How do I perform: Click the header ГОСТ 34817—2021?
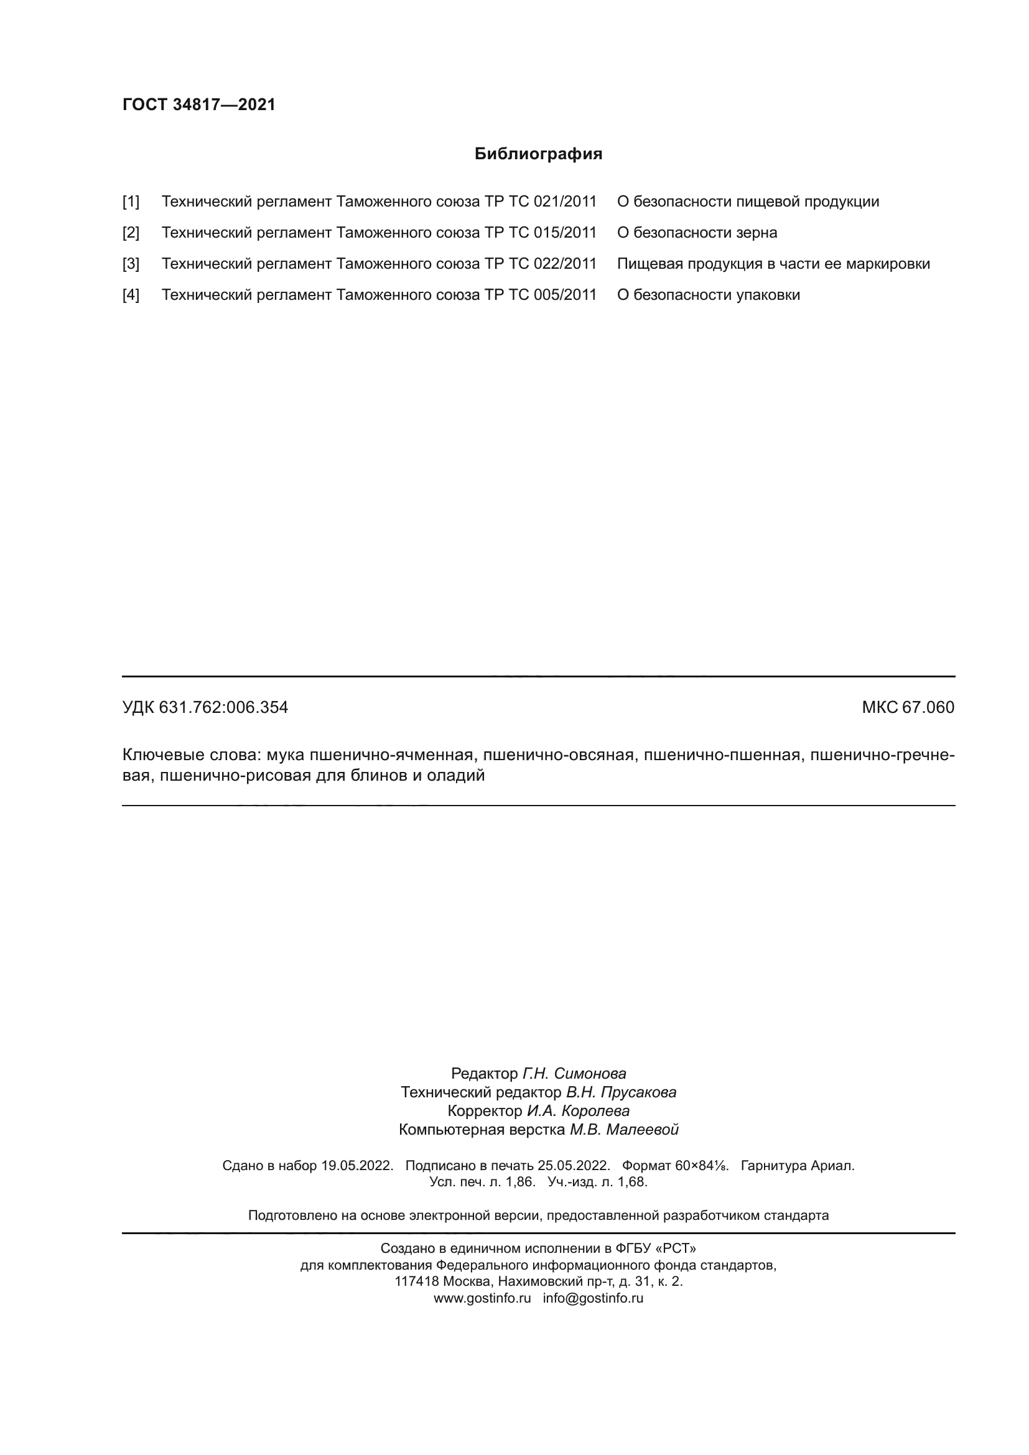pyautogui.click(x=199, y=105)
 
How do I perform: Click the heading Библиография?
pyautogui.click(x=538, y=154)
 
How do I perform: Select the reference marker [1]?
pyautogui.click(x=131, y=202)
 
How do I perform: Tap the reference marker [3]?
pyautogui.click(x=131, y=264)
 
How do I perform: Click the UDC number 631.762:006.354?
pyautogui.click(x=223, y=707)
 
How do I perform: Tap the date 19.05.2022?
pyautogui.click(x=357, y=1165)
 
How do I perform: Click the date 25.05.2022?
pyautogui.click(x=574, y=1165)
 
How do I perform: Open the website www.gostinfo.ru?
pyautogui.click(x=482, y=1298)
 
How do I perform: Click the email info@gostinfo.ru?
pyautogui.click(x=593, y=1298)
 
